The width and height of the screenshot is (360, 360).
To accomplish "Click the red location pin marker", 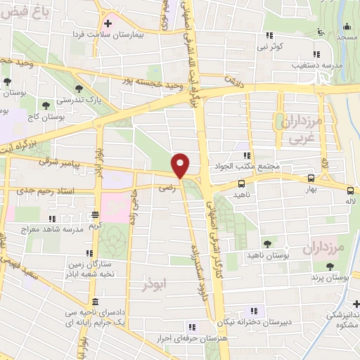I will tap(181, 165).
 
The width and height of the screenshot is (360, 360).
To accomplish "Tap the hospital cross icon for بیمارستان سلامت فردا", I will tap(108, 22).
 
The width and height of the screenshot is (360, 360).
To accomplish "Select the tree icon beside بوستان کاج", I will tap(46, 105).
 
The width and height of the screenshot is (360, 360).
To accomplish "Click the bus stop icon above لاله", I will tap(350, 190).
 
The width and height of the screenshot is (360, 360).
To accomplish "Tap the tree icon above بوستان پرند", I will tap(330, 266).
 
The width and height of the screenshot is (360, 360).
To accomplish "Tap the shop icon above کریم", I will tap(94, 215).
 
